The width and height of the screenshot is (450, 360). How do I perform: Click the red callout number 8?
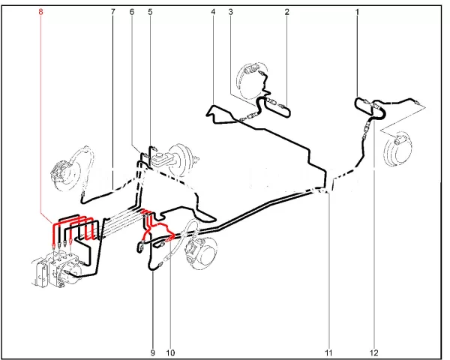pyautogui.click(x=40, y=12)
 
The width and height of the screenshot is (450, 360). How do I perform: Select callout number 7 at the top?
pyautogui.click(x=112, y=12)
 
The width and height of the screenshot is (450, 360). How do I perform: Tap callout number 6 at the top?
pyautogui.click(x=132, y=12)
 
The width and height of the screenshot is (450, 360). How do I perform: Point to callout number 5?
pyautogui.click(x=151, y=12)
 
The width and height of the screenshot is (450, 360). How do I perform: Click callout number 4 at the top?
pyautogui.click(x=213, y=12)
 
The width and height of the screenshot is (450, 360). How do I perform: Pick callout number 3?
pyautogui.click(x=230, y=12)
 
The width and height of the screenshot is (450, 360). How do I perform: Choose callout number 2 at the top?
pyautogui.click(x=287, y=12)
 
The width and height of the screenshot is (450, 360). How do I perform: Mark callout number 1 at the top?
pyautogui.click(x=357, y=12)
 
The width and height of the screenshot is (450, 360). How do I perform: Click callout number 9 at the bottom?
pyautogui.click(x=153, y=352)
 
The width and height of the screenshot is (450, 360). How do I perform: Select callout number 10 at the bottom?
pyautogui.click(x=170, y=352)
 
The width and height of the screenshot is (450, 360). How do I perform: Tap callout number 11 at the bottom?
pyautogui.click(x=328, y=352)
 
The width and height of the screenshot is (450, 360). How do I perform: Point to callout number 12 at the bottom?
pyautogui.click(x=374, y=352)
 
